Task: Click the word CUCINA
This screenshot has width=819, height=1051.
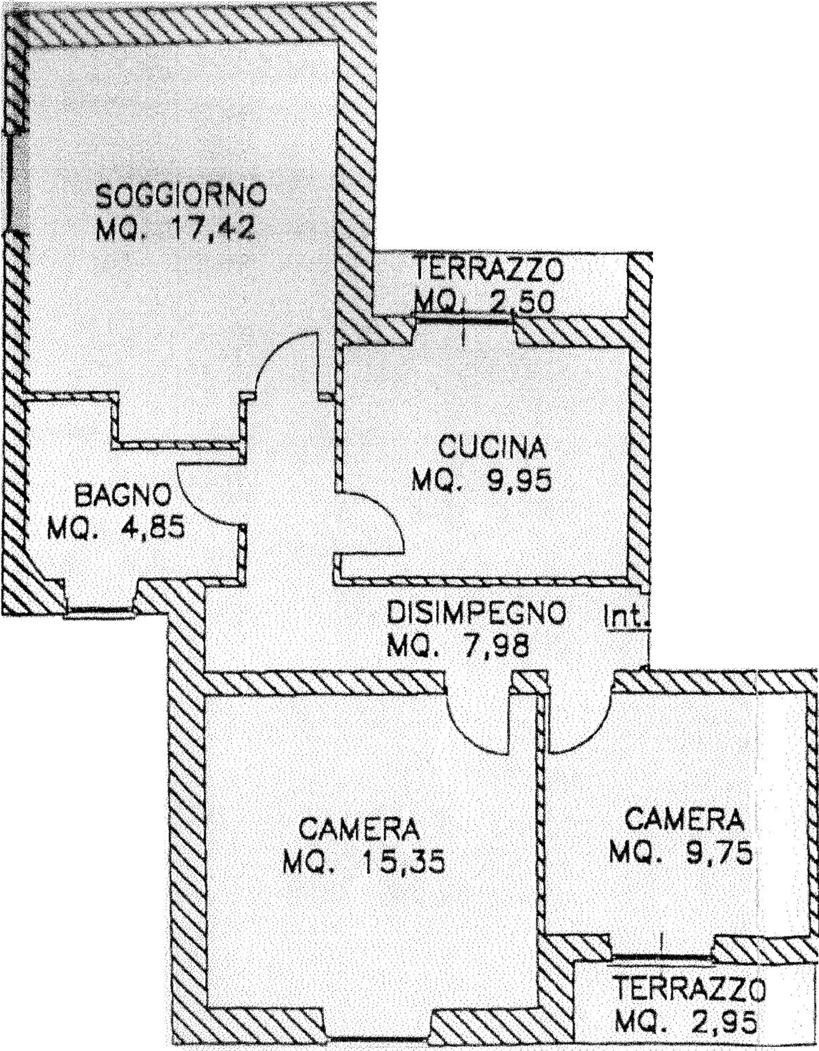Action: (492, 447)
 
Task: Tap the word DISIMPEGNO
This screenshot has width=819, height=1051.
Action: (477, 613)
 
